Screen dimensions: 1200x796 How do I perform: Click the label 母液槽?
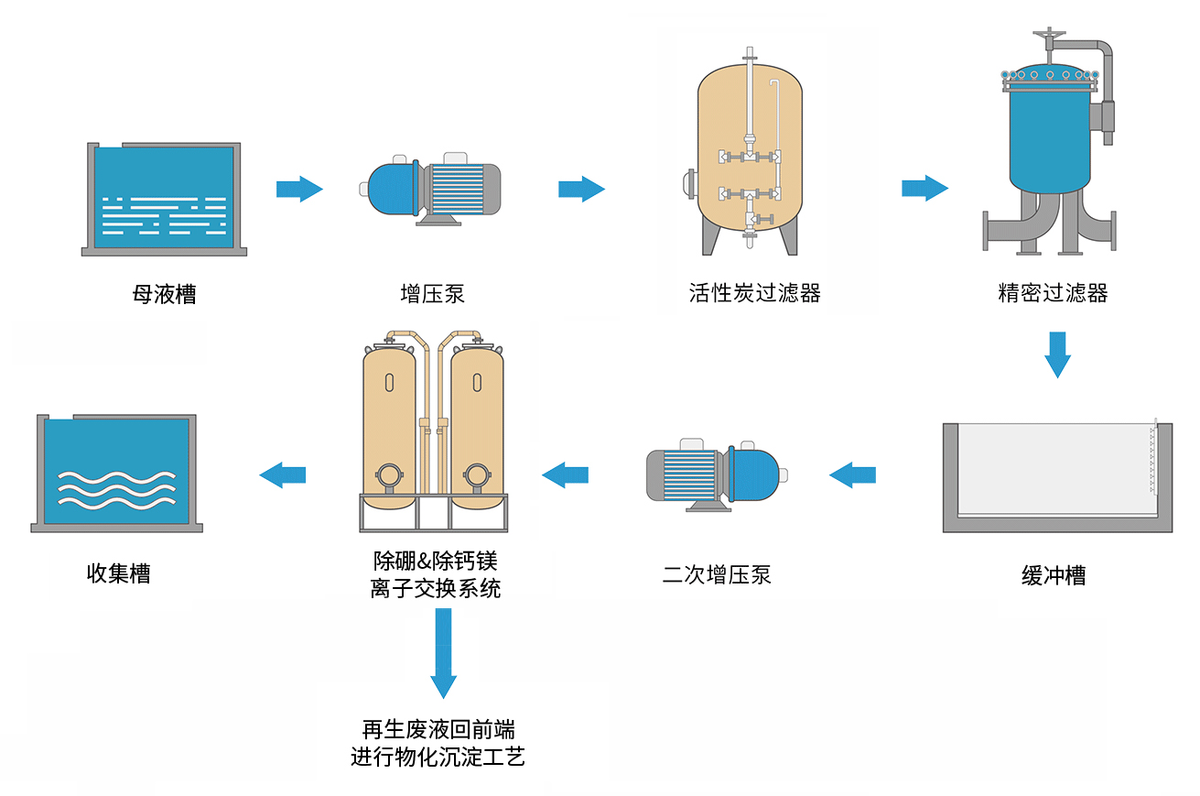click(x=164, y=294)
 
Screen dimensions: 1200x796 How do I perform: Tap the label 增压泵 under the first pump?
click(x=432, y=294)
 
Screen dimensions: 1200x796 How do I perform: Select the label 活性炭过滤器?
click(x=755, y=293)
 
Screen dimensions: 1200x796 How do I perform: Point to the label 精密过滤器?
click(x=1053, y=293)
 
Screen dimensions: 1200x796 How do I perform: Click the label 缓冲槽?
click(x=1054, y=575)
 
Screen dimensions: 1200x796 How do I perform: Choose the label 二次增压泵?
click(x=717, y=574)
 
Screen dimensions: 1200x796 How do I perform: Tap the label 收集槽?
click(x=118, y=573)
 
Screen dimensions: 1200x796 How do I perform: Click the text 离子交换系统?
click(x=436, y=588)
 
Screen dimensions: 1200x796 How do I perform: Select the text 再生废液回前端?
click(x=438, y=729)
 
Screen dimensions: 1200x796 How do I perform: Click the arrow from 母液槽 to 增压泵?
click(x=299, y=189)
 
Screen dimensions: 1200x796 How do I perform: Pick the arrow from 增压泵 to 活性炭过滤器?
click(x=582, y=189)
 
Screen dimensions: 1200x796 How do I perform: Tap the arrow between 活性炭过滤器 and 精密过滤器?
click(x=925, y=188)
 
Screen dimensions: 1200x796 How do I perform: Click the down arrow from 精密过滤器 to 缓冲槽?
click(x=1057, y=354)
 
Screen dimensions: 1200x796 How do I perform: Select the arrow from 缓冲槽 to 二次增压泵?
click(x=852, y=474)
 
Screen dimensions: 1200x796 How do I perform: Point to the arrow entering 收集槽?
click(x=282, y=474)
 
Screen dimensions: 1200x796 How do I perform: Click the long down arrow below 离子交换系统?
click(x=444, y=653)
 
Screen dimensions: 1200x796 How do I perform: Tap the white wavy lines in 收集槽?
click(x=116, y=490)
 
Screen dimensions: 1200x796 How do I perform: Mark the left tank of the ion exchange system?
click(x=389, y=427)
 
